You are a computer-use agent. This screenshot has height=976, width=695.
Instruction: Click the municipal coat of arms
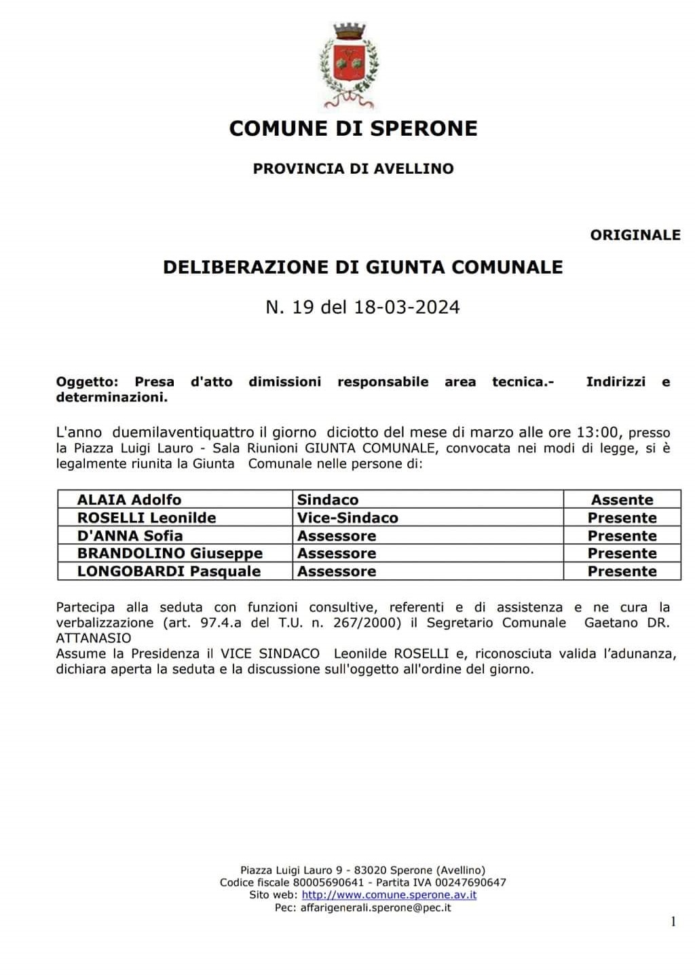[350, 66]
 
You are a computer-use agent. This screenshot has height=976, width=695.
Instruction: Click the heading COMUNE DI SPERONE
[353, 128]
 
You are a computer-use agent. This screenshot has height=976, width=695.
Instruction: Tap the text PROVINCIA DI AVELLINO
[353, 168]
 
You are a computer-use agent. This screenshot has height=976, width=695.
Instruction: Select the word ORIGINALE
[635, 235]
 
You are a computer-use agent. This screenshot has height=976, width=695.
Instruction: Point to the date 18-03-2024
[407, 307]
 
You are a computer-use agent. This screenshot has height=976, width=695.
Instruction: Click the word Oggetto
[87, 382]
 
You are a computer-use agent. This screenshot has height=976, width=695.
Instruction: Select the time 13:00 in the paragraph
[599, 432]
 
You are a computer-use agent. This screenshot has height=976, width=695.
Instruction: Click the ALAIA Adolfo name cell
[129, 500]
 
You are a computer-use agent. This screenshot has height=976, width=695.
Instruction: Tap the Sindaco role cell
[328, 500]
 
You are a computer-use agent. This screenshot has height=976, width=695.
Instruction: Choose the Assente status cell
[622, 500]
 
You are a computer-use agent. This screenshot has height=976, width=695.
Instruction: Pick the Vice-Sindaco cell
[347, 518]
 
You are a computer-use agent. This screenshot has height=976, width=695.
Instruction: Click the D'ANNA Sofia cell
[130, 535]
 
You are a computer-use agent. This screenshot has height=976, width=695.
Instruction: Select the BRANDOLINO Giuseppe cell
[170, 553]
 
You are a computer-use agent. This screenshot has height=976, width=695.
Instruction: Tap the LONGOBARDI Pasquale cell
[169, 571]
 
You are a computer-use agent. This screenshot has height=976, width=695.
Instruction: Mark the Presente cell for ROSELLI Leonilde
[622, 518]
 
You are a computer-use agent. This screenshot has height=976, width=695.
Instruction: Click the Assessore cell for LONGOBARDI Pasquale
[337, 571]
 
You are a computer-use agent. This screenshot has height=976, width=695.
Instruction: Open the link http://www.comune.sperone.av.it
[389, 894]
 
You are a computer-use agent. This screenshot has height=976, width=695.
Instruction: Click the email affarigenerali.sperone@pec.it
[375, 907]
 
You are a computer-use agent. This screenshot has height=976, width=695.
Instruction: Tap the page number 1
[673, 922]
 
